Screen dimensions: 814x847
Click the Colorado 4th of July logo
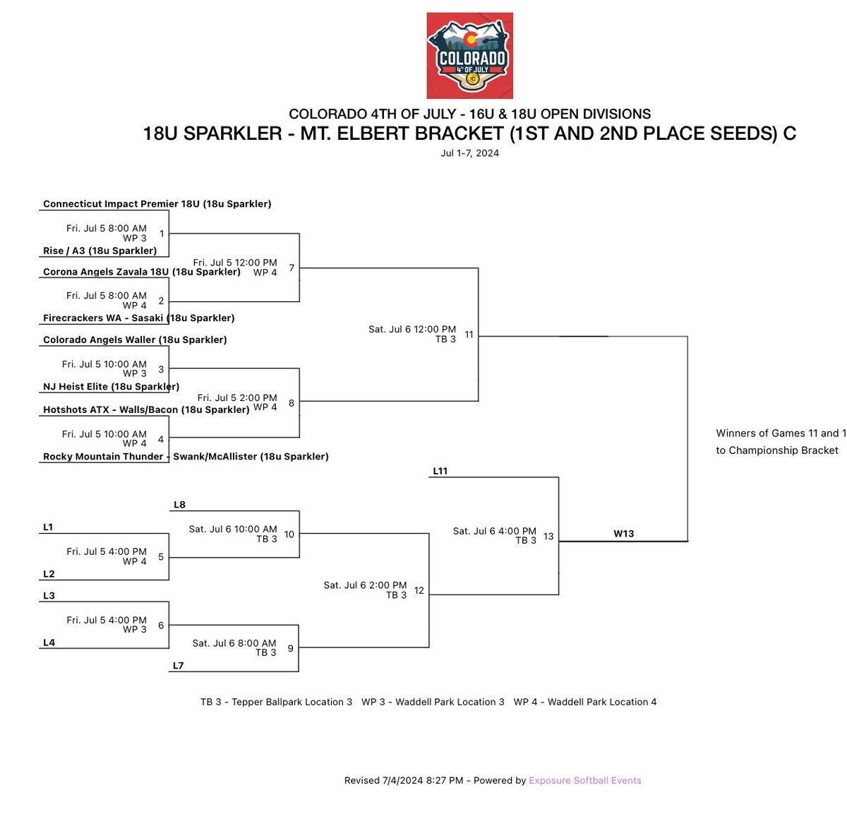coord(469,55)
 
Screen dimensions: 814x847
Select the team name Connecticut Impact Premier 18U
coord(157,204)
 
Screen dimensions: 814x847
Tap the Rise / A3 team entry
coord(100,251)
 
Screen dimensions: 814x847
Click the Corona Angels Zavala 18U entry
coord(141,272)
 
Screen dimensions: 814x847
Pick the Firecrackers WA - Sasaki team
coord(138,318)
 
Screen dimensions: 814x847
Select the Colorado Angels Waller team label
coord(135,340)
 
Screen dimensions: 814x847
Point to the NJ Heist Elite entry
coord(111,387)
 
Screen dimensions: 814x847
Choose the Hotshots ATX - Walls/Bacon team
coord(146,409)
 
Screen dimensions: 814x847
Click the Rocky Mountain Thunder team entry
coord(186,457)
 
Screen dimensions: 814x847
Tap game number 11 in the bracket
coord(469,335)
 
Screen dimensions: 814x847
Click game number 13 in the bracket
coord(548,537)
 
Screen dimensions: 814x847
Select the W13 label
coord(623,534)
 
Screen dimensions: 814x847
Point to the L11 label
coord(440,471)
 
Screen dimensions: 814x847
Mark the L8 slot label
coord(179,505)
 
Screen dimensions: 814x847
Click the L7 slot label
coord(178,666)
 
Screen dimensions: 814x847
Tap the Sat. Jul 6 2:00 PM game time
coord(365,585)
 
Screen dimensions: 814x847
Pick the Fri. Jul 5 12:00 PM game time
coord(235,263)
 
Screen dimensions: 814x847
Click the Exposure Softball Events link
coord(584,780)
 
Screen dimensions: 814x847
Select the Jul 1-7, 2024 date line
coord(469,153)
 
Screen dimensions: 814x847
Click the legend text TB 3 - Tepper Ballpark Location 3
coord(276,702)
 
